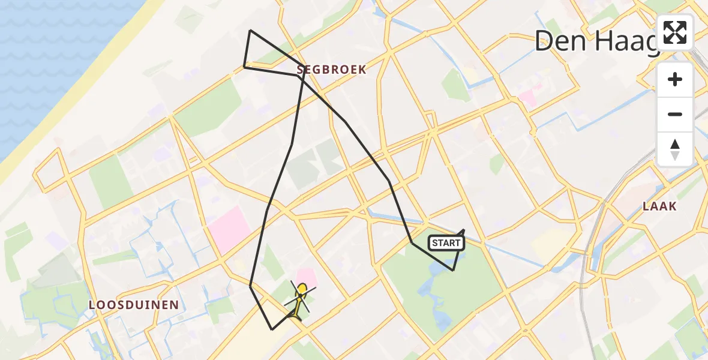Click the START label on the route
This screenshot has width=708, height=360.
tap(446, 243)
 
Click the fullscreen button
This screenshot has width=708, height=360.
tap(675, 32)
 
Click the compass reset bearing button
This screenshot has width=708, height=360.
tap(675, 149)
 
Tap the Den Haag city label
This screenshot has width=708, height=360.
tap(594, 41)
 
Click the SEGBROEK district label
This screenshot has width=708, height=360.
tap(331, 70)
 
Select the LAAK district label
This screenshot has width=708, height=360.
tap(659, 206)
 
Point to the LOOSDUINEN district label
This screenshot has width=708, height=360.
tap(134, 305)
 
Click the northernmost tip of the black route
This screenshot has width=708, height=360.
tap(250, 31)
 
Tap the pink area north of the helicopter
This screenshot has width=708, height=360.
tap(307, 277)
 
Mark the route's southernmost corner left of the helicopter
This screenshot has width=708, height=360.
tap(272, 329)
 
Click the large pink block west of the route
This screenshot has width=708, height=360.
tap(229, 229)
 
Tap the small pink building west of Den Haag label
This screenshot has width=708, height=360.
tap(528, 98)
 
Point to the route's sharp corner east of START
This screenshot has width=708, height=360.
tap(464, 230)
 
